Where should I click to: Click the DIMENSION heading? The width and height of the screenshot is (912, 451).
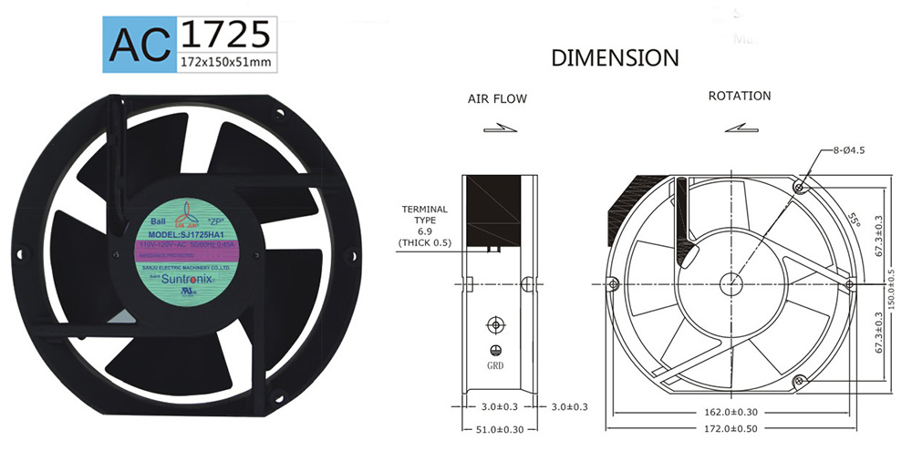coord(615,58)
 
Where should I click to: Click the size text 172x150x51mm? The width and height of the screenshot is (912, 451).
coord(225,62)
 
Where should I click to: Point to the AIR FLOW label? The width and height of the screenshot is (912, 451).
coord(497,98)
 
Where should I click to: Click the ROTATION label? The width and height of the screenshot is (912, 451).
coord(739,96)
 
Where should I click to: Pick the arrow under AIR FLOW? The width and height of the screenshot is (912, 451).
coord(497,129)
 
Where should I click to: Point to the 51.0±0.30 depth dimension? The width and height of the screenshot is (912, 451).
coord(496,428)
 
